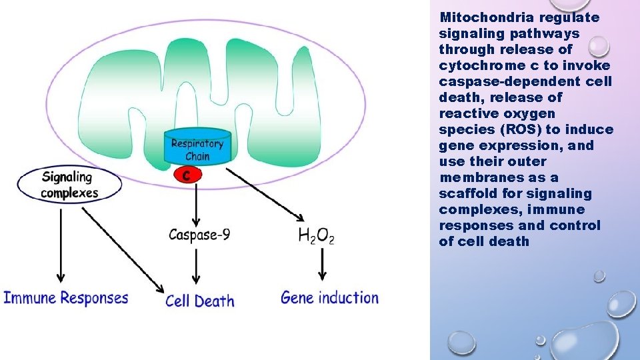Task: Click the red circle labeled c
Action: click(188, 175)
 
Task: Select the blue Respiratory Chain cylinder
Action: click(197, 149)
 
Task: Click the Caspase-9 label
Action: click(199, 235)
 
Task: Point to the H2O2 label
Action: click(316, 235)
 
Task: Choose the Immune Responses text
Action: click(66, 297)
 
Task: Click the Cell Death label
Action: click(200, 301)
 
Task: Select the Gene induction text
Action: click(329, 297)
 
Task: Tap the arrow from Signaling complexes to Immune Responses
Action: click(61, 243)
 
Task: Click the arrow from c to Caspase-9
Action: click(196, 203)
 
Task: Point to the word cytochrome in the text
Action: click(475, 65)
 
